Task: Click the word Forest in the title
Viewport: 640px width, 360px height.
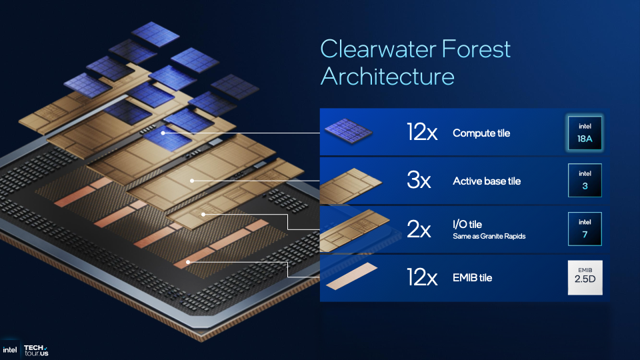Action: click(476, 49)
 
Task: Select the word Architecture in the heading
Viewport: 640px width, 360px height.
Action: click(387, 76)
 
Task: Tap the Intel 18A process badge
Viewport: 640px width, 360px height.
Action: click(585, 133)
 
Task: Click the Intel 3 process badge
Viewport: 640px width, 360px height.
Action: click(585, 181)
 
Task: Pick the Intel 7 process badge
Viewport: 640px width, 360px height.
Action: click(585, 229)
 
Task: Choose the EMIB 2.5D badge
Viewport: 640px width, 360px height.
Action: click(585, 277)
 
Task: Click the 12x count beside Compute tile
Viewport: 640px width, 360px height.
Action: click(421, 132)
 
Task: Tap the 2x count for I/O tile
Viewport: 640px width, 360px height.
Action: click(419, 229)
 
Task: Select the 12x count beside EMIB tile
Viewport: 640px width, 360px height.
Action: click(421, 277)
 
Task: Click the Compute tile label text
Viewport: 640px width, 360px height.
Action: click(481, 133)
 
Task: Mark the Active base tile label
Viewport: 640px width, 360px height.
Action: click(487, 181)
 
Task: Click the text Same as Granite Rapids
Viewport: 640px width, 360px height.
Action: click(489, 236)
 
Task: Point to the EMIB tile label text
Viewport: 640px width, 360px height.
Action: click(472, 277)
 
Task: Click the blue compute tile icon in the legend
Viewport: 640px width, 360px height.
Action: click(348, 131)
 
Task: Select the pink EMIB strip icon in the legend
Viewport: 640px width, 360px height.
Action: click(352, 276)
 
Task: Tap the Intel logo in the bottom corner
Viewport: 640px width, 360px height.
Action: click(10, 350)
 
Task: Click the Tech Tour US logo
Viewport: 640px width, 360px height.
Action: click(36, 350)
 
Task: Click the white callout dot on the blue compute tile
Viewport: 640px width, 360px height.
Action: click(163, 133)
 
